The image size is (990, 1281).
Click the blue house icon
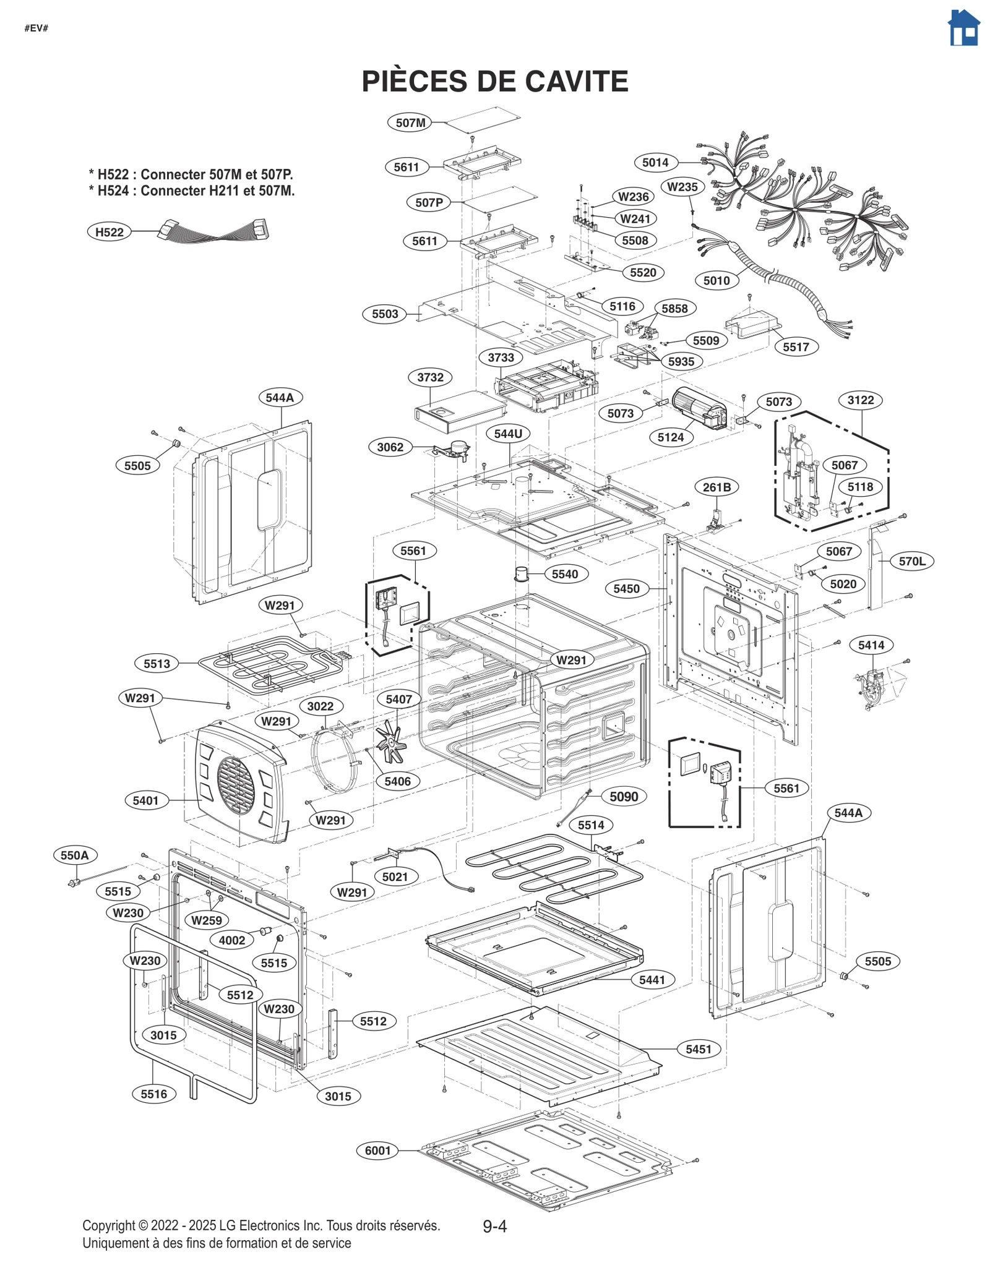point(963,28)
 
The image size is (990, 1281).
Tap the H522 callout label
point(109,232)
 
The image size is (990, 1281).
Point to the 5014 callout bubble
point(655,163)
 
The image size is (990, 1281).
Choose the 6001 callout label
point(377,1150)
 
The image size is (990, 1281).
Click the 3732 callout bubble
point(430,377)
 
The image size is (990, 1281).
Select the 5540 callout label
point(564,574)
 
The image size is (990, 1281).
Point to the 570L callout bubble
point(912,562)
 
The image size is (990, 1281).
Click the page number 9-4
point(494,1226)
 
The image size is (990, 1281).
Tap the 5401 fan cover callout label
point(145,800)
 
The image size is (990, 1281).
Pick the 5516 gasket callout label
point(153,1094)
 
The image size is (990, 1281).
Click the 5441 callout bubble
point(652,980)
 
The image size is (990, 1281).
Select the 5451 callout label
point(699,1049)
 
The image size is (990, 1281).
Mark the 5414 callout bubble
point(871,645)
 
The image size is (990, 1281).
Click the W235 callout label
point(682,187)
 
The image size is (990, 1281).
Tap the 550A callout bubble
point(75,855)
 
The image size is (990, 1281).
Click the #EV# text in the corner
point(37,28)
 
